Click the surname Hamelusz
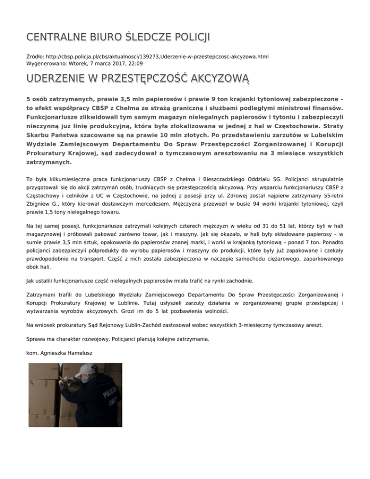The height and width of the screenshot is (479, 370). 79,353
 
